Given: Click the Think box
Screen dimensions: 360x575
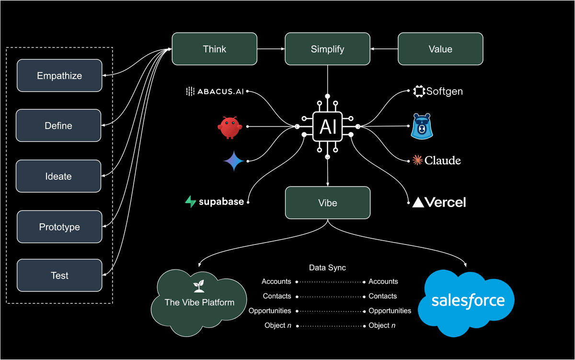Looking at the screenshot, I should tap(214, 49).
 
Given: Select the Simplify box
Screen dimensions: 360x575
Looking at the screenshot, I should tap(327, 49).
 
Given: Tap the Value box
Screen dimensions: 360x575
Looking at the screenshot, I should tap(440, 49).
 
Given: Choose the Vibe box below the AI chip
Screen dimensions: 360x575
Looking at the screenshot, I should tap(327, 203).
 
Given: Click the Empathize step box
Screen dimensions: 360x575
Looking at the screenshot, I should tap(59, 76).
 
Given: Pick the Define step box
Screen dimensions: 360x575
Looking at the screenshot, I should tap(58, 126).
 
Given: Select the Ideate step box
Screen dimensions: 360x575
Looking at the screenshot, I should tap(58, 176).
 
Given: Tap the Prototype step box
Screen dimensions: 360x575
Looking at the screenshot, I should tap(59, 227).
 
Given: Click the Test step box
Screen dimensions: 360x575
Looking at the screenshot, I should tap(59, 276).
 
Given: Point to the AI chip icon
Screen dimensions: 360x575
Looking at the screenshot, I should tap(327, 127).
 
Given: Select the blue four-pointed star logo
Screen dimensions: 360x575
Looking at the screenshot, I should tap(233, 161).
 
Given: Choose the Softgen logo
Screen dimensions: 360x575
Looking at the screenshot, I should tap(438, 91).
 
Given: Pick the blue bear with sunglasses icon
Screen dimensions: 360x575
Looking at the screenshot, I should tap(422, 127).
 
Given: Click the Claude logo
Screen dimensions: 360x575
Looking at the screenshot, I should tap(437, 161).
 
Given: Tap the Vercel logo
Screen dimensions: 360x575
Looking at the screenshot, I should tap(439, 202).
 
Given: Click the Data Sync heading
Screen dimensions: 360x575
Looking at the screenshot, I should tap(327, 267).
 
